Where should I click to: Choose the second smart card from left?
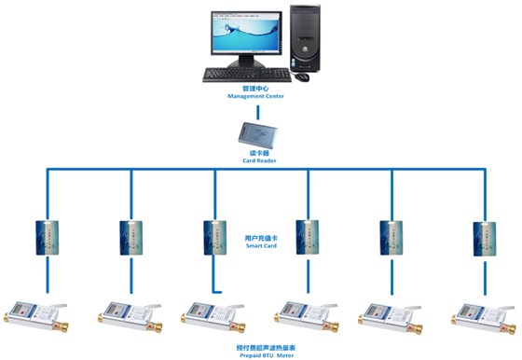coord(131,237)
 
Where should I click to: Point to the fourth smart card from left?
coord(308,237)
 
